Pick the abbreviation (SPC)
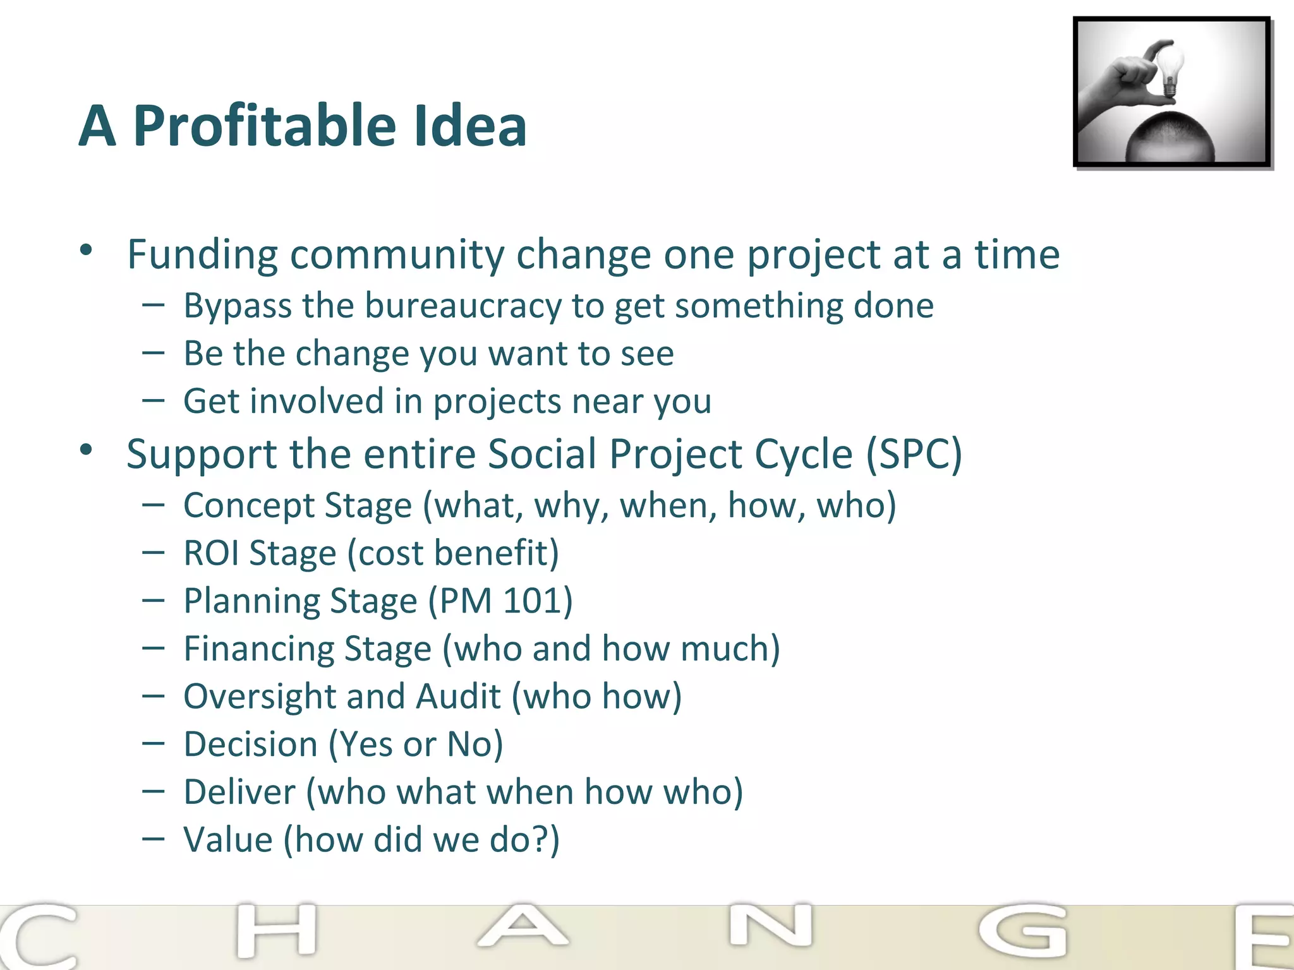[x=914, y=454]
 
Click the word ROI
[x=211, y=553]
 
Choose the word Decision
[x=250, y=745]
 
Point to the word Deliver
[x=239, y=792]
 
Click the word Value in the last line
[x=227, y=840]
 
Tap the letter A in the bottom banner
[x=523, y=927]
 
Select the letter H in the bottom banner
[x=276, y=930]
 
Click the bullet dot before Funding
[x=87, y=251]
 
